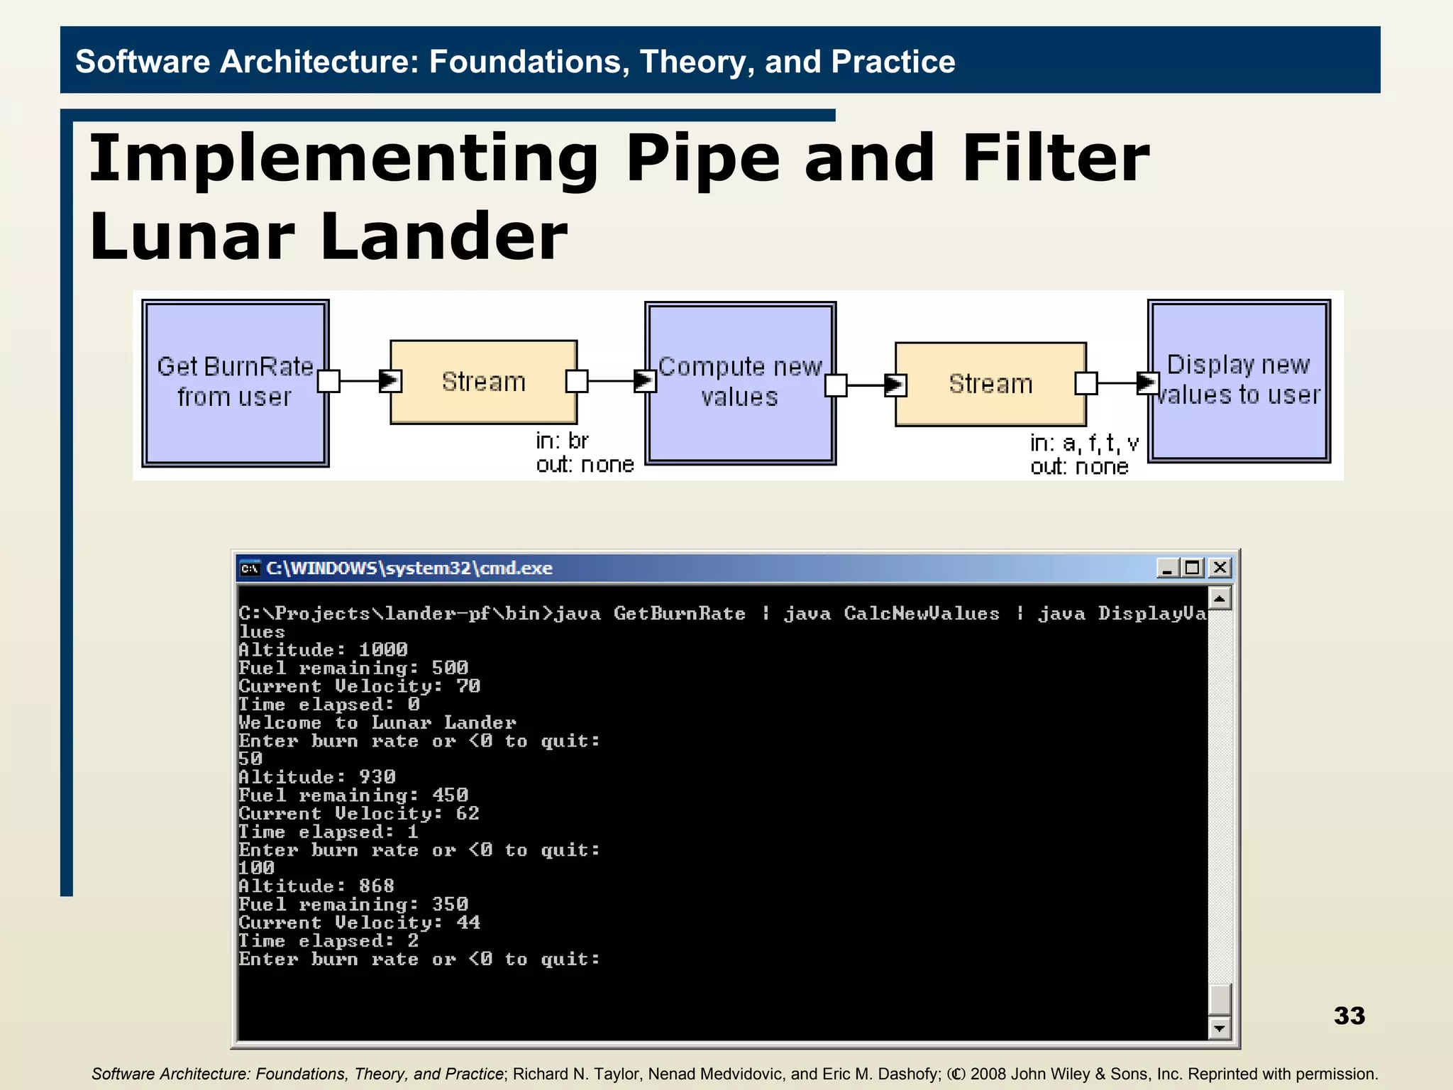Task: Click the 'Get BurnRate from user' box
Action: pyautogui.click(x=235, y=382)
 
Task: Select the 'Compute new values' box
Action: pyautogui.click(x=740, y=383)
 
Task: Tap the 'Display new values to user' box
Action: pyautogui.click(x=1239, y=381)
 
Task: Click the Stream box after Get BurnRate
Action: pyautogui.click(x=484, y=382)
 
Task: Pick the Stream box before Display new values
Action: pyautogui.click(x=990, y=384)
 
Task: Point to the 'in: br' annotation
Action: pyautogui.click(x=562, y=441)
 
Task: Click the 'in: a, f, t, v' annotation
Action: pyautogui.click(x=1084, y=444)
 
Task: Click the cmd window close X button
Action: pyautogui.click(x=1220, y=568)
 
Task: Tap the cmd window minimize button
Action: pyautogui.click(x=1167, y=568)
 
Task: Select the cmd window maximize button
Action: pyautogui.click(x=1193, y=568)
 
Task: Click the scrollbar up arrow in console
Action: pyautogui.click(x=1219, y=599)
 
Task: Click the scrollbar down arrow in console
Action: pyautogui.click(x=1219, y=1028)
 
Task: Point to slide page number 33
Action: pyautogui.click(x=1349, y=1015)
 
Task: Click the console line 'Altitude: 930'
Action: pyautogui.click(x=317, y=777)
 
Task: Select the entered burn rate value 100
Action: pyautogui.click(x=256, y=868)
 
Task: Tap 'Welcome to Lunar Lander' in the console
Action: pyautogui.click(x=377, y=722)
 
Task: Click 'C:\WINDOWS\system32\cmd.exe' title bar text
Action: pyautogui.click(x=409, y=568)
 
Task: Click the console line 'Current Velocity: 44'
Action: pyautogui.click(x=359, y=923)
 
